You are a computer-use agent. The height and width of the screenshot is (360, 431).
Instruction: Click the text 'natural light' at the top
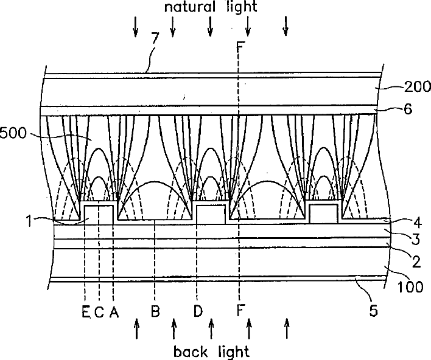pos(210,7)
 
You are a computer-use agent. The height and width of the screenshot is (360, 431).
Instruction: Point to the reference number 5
pos(374,311)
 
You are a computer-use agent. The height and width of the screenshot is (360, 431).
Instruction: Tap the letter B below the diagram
pos(156,313)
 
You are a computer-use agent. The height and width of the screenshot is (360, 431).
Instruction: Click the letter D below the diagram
pos(198,313)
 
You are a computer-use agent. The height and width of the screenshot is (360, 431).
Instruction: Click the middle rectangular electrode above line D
pos(211,214)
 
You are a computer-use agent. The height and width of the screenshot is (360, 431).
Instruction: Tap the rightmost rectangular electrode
pos(324,214)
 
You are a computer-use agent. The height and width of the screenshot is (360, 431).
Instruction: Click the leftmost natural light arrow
pos(136,26)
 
